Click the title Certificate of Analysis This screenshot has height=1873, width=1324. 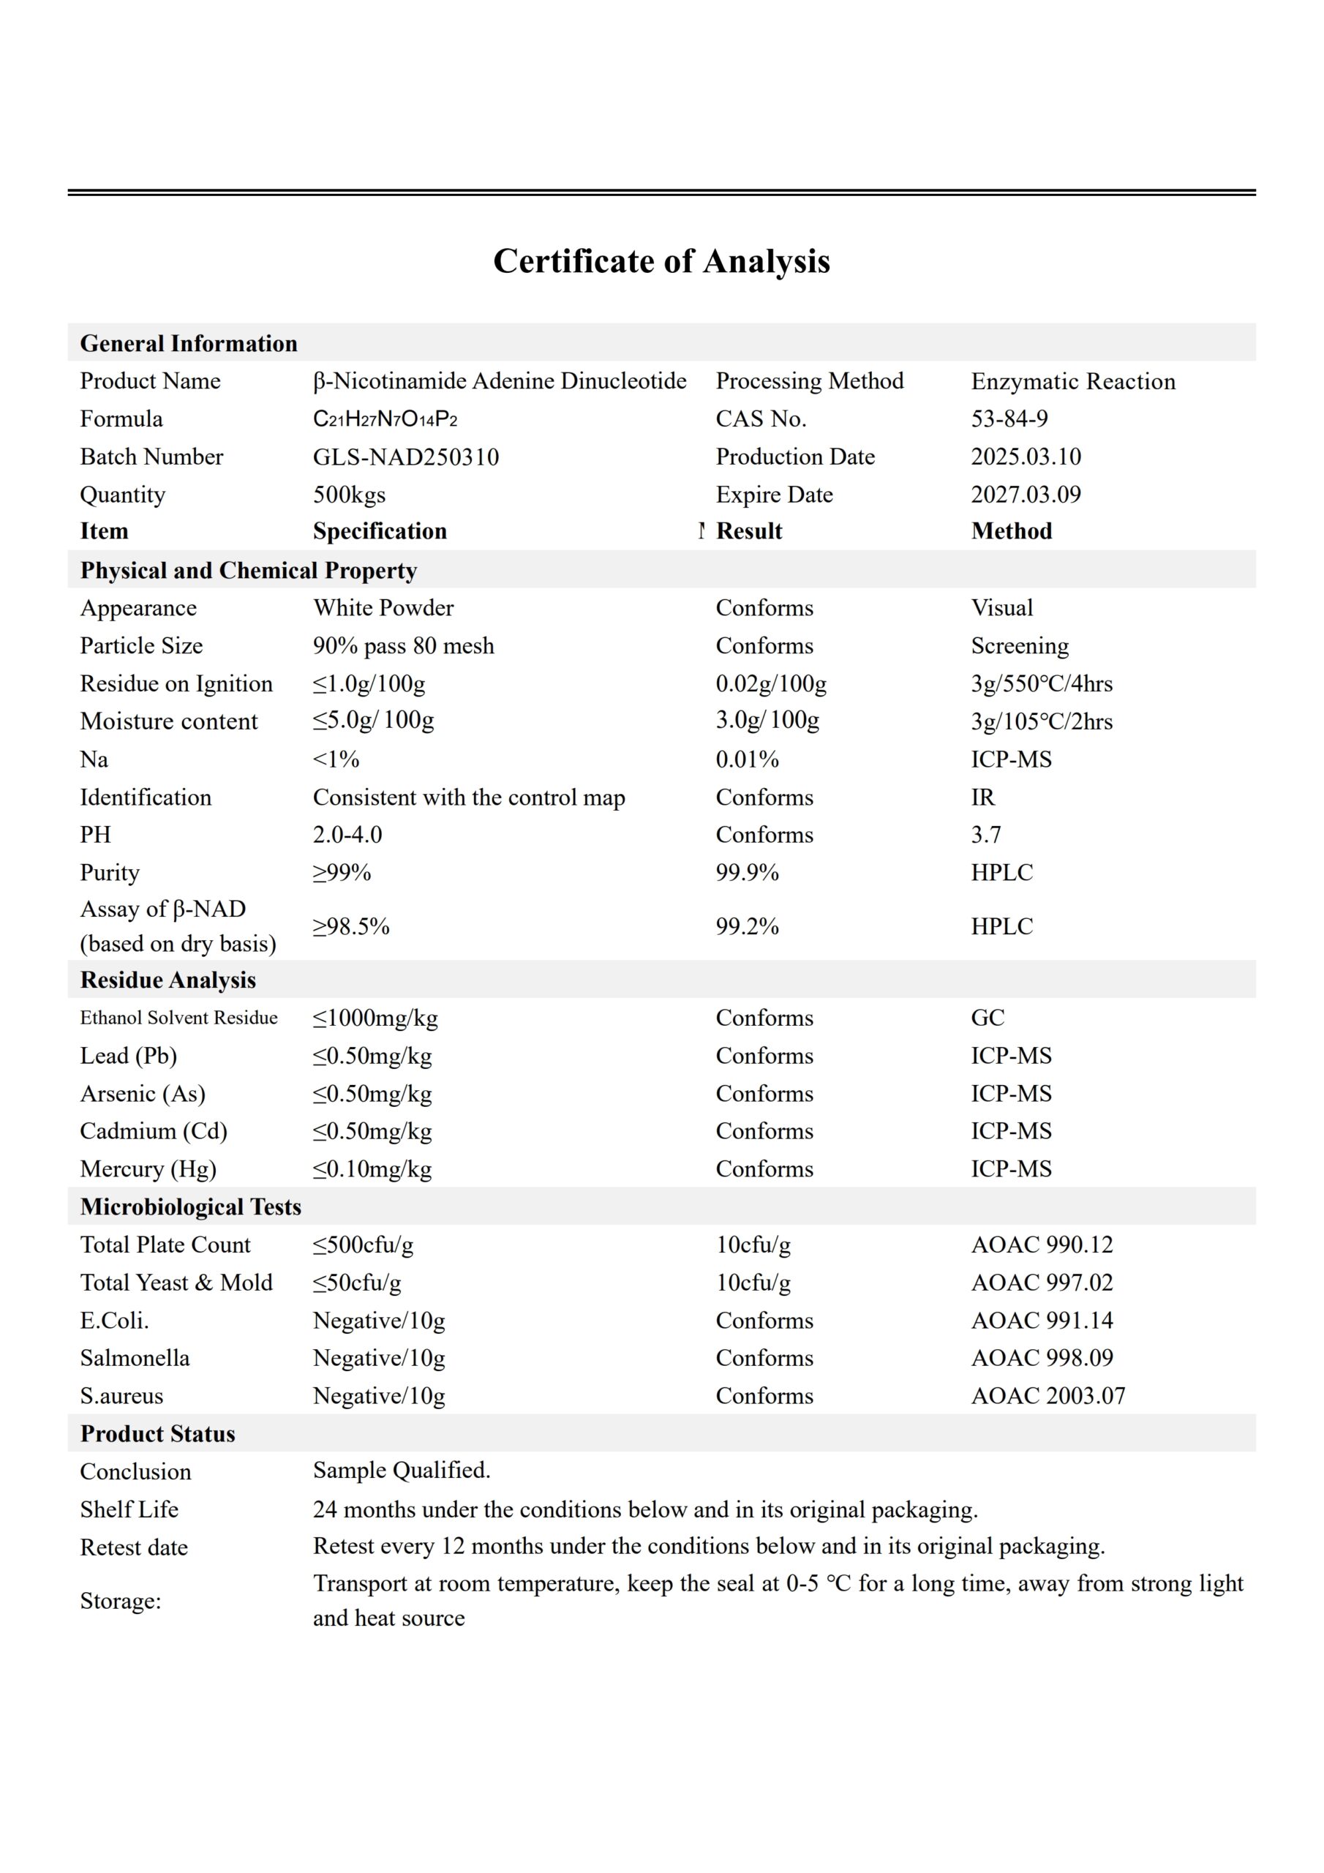[661, 262]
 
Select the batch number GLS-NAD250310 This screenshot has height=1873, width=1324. [405, 457]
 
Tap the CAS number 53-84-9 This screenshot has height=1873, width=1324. [1009, 419]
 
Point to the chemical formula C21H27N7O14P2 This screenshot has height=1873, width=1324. [385, 419]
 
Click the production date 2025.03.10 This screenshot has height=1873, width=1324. [1026, 457]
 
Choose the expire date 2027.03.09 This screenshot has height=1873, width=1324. [1026, 495]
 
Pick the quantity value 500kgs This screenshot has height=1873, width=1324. [349, 495]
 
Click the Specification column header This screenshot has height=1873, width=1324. [380, 531]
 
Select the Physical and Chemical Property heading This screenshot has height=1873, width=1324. [248, 570]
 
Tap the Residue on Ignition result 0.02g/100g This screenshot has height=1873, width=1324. [771, 683]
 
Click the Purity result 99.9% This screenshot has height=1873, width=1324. [748, 873]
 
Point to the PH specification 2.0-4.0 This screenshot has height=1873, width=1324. [347, 835]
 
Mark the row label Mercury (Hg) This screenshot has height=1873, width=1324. [148, 1169]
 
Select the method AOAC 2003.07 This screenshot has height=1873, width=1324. [1047, 1396]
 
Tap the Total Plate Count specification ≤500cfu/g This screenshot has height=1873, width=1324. [363, 1245]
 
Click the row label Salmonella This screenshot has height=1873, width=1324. [135, 1358]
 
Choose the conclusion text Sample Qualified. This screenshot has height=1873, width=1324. [402, 1470]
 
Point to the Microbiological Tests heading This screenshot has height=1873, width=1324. [190, 1206]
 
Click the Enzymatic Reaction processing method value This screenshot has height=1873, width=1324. [1073, 382]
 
